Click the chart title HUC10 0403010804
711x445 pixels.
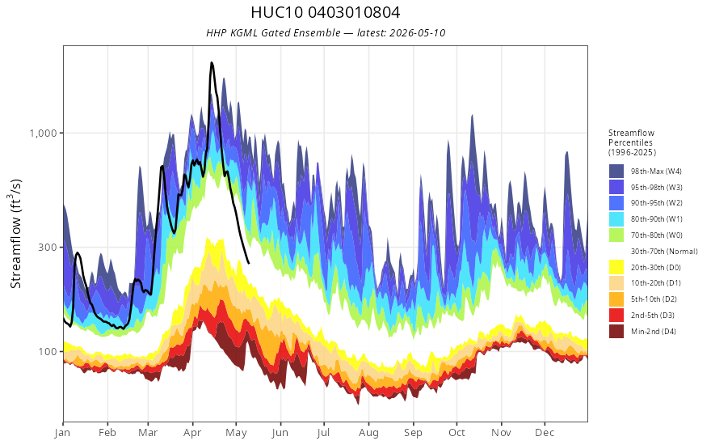click(x=325, y=12)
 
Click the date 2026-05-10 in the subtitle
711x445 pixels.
click(x=417, y=32)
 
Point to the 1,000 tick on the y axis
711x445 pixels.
click(x=44, y=133)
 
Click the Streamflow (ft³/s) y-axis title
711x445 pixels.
click(x=16, y=234)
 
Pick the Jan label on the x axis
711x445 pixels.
click(x=62, y=433)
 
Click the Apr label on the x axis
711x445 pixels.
click(x=192, y=433)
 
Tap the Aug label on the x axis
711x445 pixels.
click(x=368, y=433)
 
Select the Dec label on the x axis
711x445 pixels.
click(x=545, y=433)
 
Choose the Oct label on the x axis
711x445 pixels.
click(x=456, y=433)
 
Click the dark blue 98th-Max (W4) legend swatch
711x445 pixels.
click(x=616, y=172)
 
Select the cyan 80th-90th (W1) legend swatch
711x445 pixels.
click(x=616, y=219)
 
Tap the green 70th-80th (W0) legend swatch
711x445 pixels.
click(x=616, y=235)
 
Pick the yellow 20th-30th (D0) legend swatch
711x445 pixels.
click(x=616, y=267)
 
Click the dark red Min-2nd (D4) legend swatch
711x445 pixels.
click(x=616, y=331)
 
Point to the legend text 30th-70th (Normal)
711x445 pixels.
click(x=664, y=251)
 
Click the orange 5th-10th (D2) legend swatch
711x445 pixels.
click(x=616, y=299)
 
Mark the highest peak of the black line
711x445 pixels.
click(x=212, y=62)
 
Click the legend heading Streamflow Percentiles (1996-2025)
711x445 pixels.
click(x=632, y=142)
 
